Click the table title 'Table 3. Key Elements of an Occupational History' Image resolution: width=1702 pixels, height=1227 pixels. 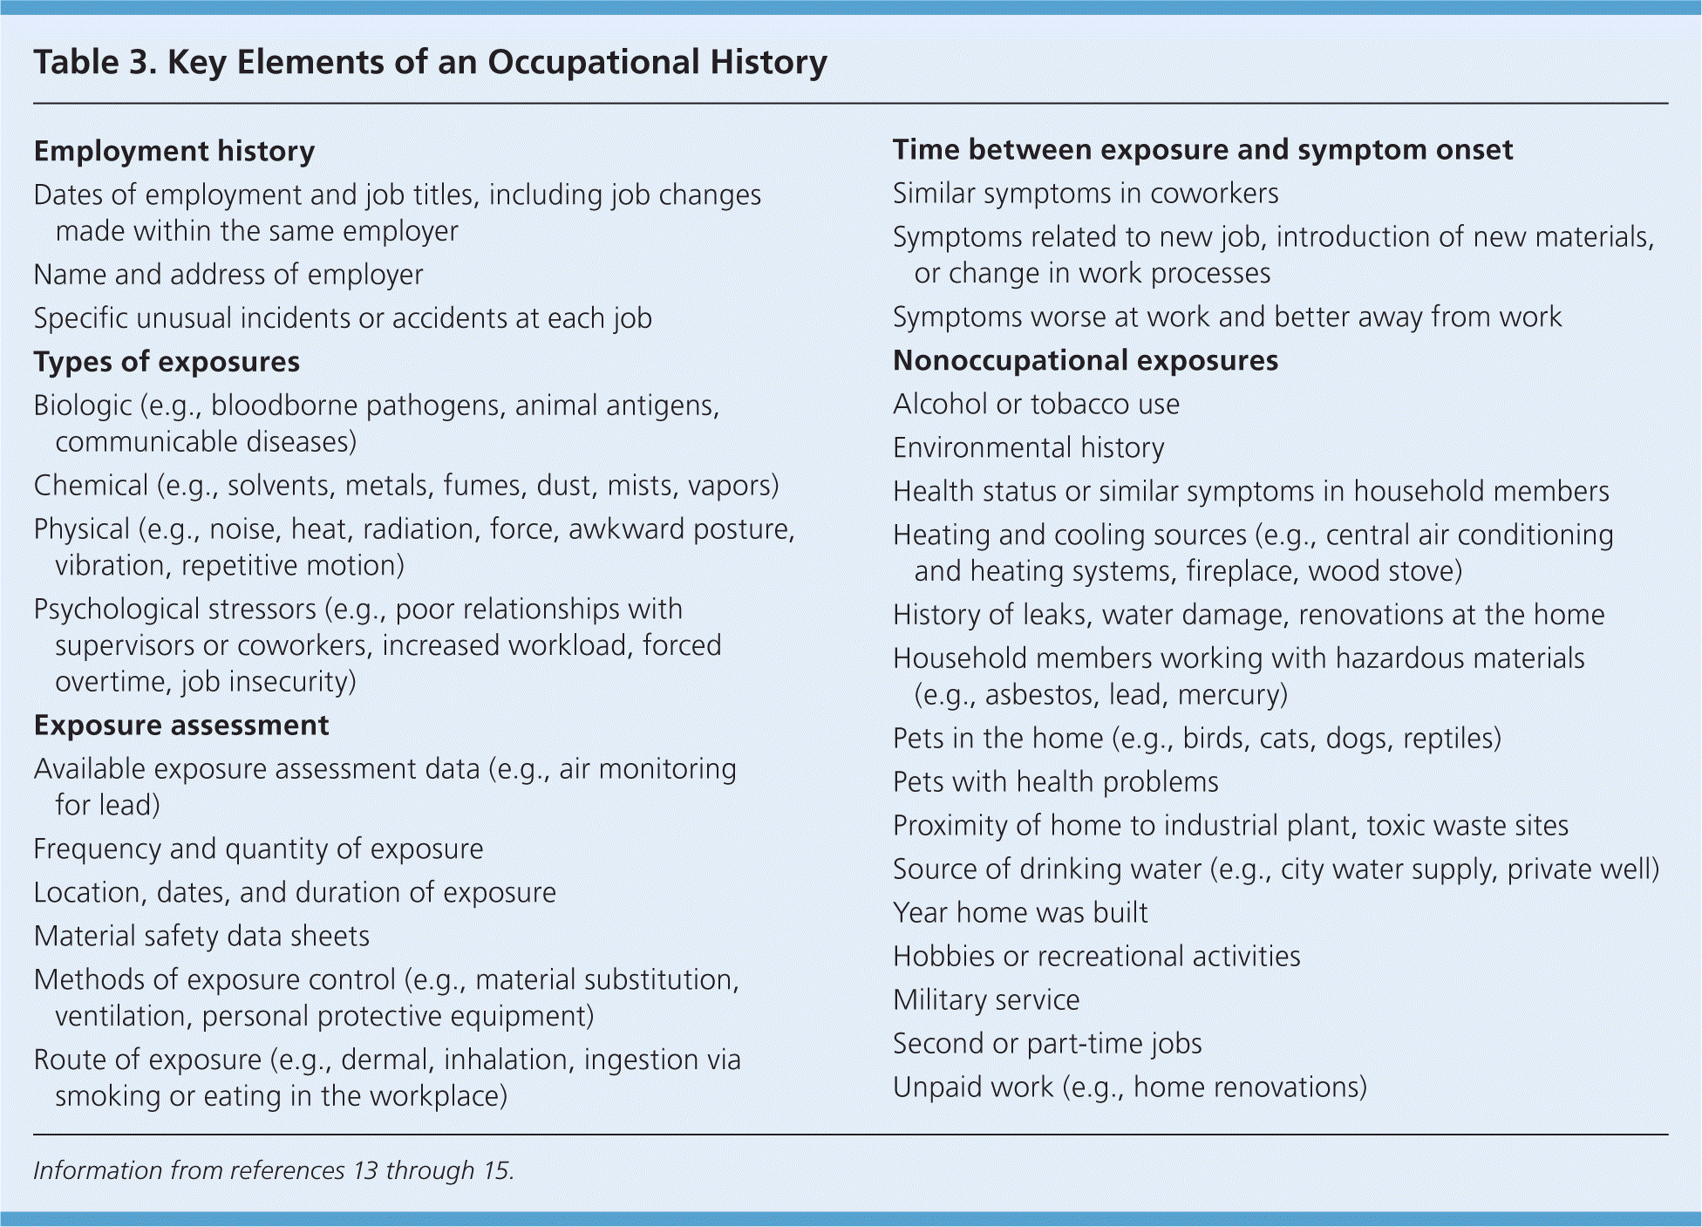[x=430, y=63]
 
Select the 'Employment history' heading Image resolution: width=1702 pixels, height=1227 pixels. [x=174, y=151]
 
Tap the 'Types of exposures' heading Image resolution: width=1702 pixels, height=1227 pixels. [x=167, y=362]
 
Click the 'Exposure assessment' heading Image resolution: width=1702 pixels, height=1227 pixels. [x=181, y=726]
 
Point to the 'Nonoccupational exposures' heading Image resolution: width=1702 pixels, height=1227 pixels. [x=1086, y=360]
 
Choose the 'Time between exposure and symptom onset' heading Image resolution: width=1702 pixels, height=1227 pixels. [x=1202, y=150]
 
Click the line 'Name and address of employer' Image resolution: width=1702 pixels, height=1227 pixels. [x=228, y=275]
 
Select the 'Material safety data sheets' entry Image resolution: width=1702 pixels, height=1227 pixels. [x=201, y=936]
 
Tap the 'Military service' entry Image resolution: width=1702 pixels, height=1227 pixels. [x=986, y=999]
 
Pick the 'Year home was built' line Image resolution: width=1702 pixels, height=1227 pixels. [x=1020, y=912]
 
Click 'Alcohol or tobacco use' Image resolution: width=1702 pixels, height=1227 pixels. [x=1036, y=404]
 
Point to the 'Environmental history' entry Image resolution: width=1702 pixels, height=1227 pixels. [x=1029, y=447]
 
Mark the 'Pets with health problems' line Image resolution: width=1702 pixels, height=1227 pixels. [x=1056, y=781]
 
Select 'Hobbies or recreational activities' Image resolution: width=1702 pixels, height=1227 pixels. [x=1097, y=956]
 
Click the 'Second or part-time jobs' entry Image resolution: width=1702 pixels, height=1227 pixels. [x=1047, y=1043]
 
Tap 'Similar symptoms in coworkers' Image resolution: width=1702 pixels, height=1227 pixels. [x=1086, y=193]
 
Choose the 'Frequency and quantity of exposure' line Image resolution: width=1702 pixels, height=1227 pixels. [x=258, y=849]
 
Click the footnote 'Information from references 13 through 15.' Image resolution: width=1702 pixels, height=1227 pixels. [x=274, y=1170]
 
